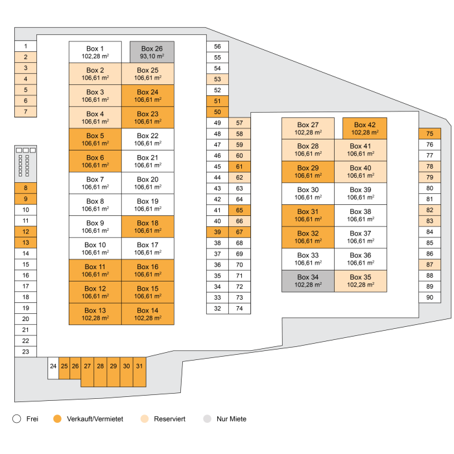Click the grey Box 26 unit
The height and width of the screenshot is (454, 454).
[x=152, y=52]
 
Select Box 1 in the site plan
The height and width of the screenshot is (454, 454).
[x=95, y=52]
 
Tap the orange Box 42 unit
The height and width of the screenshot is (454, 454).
[x=364, y=128]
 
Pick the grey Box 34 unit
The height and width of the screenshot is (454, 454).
[x=308, y=281]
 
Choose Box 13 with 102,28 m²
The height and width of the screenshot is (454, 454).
[x=95, y=314]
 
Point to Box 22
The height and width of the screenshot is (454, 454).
[x=148, y=139]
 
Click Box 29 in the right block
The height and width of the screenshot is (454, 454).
[x=308, y=172]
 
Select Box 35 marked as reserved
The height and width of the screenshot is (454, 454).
[x=361, y=281]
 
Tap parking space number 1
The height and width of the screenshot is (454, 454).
[x=26, y=46]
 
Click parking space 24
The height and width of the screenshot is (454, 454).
[x=53, y=368]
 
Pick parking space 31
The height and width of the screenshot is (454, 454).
[x=139, y=372]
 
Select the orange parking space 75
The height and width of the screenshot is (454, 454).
[x=429, y=134]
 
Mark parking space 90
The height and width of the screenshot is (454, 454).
[x=429, y=297]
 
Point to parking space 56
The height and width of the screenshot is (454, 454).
[x=217, y=46]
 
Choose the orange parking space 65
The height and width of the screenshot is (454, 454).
[x=239, y=210]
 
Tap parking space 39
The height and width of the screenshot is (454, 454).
[x=217, y=232]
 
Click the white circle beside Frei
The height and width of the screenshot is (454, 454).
[x=17, y=419]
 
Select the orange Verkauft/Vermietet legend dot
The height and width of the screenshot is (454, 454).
[x=57, y=419]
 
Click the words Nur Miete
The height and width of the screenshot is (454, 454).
[x=232, y=419]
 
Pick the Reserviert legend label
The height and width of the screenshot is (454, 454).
[x=170, y=419]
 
